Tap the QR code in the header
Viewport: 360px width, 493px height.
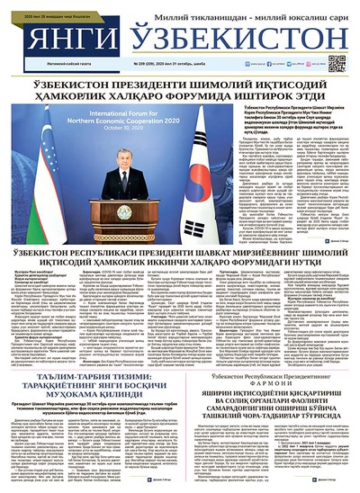(x=337, y=63)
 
